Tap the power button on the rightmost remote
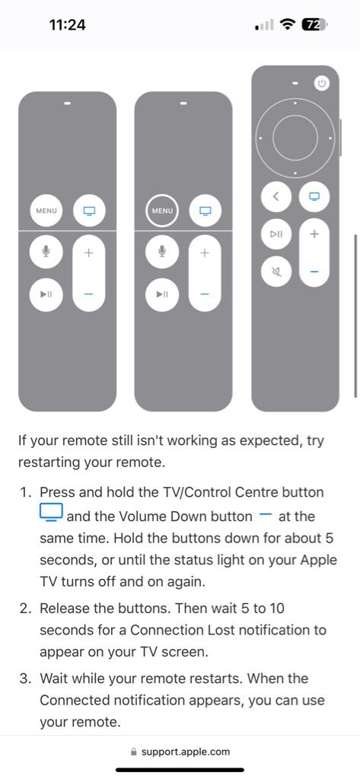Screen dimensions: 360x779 [322, 84]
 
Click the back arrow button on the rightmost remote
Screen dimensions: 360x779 [276, 196]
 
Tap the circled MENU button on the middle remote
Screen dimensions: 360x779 [162, 211]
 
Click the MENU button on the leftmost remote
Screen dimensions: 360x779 [46, 211]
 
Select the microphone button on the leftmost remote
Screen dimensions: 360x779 [46, 251]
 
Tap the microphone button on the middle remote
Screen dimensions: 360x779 [162, 251]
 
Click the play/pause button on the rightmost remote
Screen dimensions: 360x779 [276, 234]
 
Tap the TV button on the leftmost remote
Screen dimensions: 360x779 [89, 211]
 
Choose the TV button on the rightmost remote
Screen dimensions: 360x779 [314, 196]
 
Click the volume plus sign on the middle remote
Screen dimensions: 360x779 [205, 253]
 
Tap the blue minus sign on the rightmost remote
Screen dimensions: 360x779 [314, 272]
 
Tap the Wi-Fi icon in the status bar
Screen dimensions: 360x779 [288, 24]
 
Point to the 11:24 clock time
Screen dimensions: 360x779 [68, 24]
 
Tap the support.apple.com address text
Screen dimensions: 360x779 [186, 752]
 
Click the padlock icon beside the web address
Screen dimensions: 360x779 [133, 752]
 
